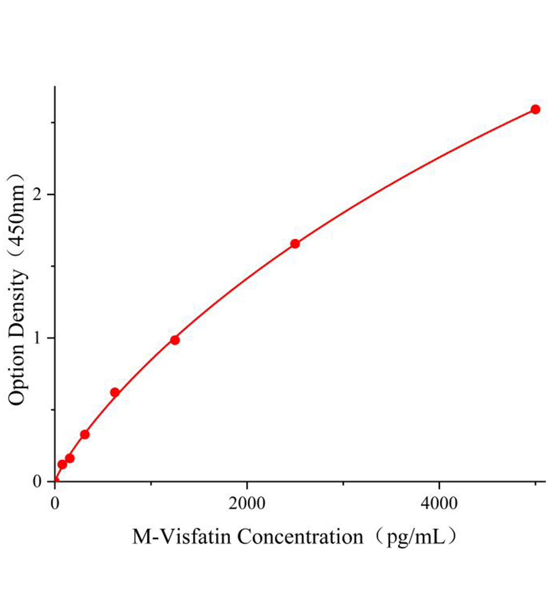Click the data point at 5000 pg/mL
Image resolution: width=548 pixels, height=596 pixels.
point(535,109)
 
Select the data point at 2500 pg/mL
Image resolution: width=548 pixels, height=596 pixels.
point(295,244)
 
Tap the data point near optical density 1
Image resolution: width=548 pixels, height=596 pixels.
point(175,340)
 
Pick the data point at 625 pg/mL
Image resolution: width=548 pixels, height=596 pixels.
point(115,392)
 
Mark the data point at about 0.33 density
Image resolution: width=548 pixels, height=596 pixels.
point(85,435)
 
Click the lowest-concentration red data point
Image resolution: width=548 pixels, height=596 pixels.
point(62,465)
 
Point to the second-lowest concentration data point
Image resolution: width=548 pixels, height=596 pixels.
point(70,458)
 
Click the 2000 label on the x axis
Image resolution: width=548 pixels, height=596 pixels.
point(247,503)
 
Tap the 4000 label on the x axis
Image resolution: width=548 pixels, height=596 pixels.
point(439,503)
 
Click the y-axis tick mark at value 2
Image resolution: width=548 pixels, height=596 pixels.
point(52,194)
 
